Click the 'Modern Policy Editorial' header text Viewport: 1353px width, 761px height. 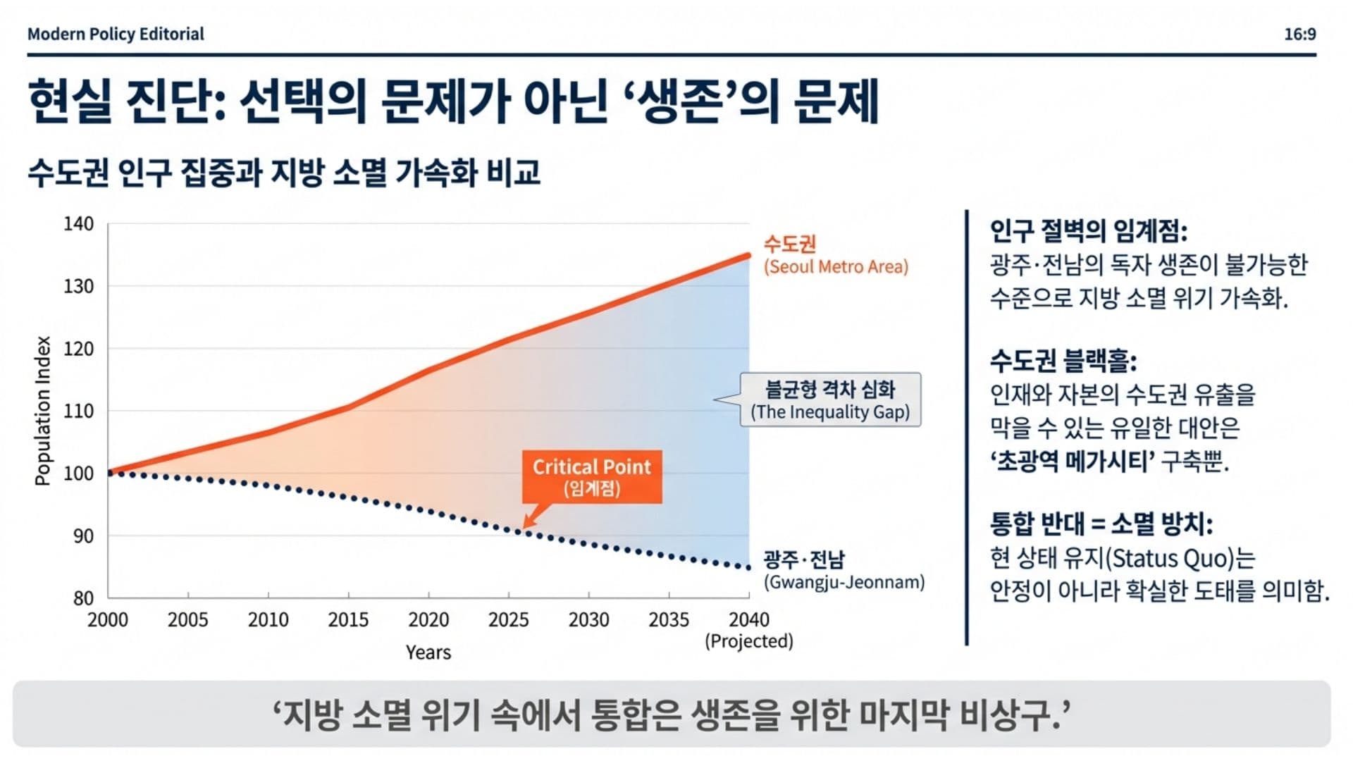point(116,34)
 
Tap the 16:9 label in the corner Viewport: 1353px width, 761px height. point(1299,34)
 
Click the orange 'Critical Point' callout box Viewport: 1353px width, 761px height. point(591,476)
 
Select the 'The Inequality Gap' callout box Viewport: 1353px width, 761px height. point(830,400)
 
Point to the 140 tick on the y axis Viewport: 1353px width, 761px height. point(79,224)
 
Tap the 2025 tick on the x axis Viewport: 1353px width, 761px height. point(508,620)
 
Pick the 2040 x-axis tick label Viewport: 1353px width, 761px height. point(748,620)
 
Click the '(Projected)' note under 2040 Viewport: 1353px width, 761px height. point(748,642)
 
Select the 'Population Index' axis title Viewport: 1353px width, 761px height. point(43,411)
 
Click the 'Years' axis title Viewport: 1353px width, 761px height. point(428,652)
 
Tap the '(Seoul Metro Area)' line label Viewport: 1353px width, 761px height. point(836,267)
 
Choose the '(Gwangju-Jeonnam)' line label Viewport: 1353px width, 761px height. point(844,583)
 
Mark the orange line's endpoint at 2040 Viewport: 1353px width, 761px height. point(748,256)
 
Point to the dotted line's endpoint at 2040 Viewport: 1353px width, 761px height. point(748,567)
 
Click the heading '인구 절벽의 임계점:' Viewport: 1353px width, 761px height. point(1088,230)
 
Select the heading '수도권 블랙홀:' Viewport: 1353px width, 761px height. point(1063,361)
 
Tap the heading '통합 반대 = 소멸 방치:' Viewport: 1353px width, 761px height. point(1101,524)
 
